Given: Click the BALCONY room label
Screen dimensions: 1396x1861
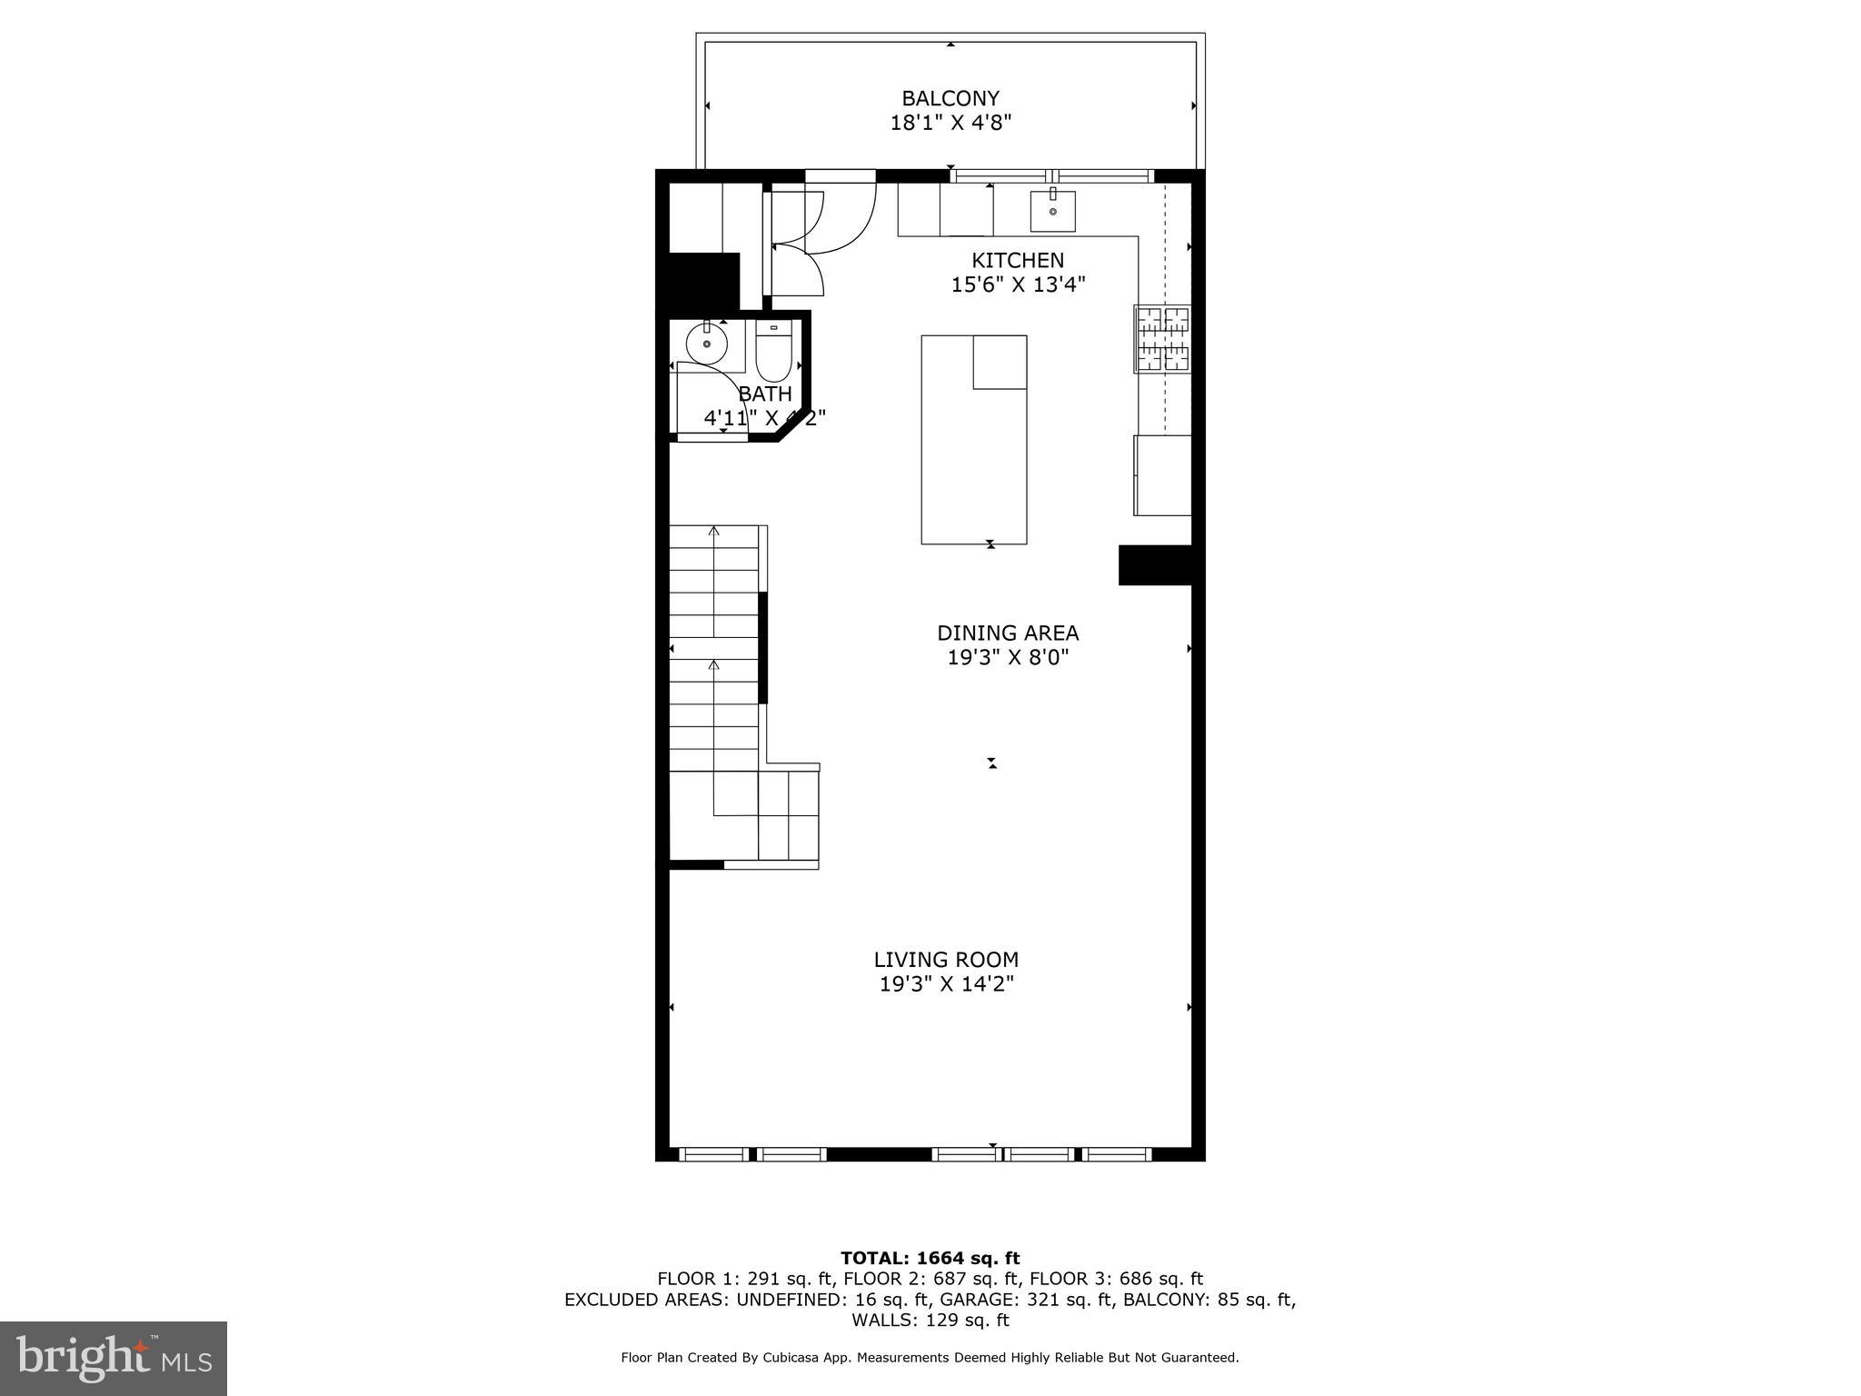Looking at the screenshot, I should [x=950, y=98].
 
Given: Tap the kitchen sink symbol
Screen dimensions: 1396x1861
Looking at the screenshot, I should [x=1052, y=211].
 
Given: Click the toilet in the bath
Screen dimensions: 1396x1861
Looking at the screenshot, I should [x=773, y=355].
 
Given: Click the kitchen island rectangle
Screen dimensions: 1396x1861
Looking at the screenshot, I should [x=973, y=454].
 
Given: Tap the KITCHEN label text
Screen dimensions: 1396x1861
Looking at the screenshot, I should [x=1017, y=261].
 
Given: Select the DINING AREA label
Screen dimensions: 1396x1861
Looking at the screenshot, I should [x=1008, y=633].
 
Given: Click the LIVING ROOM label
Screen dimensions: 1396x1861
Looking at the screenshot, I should [x=946, y=960].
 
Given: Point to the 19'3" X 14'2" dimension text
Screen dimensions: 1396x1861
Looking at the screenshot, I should [x=946, y=984].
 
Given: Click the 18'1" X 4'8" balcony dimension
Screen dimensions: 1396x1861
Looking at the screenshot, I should [x=950, y=123].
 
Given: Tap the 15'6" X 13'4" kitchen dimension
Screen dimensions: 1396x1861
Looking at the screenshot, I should [x=1018, y=285].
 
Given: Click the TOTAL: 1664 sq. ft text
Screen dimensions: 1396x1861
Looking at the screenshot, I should [x=930, y=1259].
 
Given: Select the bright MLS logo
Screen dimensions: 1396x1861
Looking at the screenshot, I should [x=114, y=1359].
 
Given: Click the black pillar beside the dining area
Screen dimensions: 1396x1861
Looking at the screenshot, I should [x=1154, y=565].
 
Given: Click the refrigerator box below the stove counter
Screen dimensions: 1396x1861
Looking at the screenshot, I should [x=1162, y=475].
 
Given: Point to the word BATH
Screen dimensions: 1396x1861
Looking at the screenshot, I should [x=765, y=394].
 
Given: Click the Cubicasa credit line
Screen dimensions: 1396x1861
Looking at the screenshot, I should [x=930, y=1358].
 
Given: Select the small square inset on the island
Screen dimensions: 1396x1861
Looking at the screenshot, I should [x=1000, y=362].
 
